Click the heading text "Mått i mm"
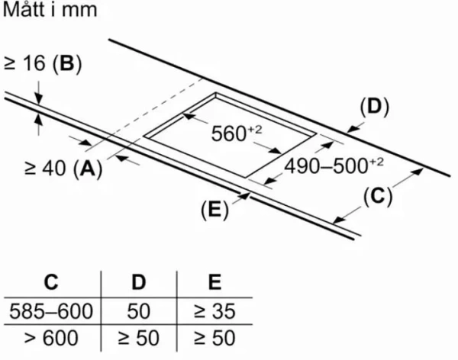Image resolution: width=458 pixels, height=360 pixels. click(50, 9)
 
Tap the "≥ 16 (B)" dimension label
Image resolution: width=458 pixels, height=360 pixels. click(43, 63)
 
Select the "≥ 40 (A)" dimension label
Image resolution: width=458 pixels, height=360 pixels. click(63, 169)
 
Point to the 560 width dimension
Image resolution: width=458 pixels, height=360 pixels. click(237, 133)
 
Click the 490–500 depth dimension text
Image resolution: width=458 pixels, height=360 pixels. click(334, 166)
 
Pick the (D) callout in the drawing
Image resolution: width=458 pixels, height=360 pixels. click(375, 107)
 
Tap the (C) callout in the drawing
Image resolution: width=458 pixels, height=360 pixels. click(378, 196)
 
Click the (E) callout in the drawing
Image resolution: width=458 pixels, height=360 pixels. click(214, 210)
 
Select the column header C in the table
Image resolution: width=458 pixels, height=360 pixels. click(51, 282)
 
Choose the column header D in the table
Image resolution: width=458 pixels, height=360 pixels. click(138, 282)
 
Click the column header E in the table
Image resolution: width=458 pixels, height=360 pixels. click(214, 282)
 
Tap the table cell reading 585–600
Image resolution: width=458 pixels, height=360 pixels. click(51, 310)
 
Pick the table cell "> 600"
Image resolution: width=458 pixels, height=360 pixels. click(51, 338)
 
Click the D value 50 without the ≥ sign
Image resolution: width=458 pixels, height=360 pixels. click(138, 310)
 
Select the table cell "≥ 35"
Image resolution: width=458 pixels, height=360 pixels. click(214, 310)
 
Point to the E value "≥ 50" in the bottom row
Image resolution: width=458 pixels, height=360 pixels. click(214, 338)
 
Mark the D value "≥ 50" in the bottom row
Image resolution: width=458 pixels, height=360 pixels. click(138, 338)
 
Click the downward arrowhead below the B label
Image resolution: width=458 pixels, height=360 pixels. click(39, 98)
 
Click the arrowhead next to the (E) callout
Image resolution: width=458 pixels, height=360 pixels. click(244, 195)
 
